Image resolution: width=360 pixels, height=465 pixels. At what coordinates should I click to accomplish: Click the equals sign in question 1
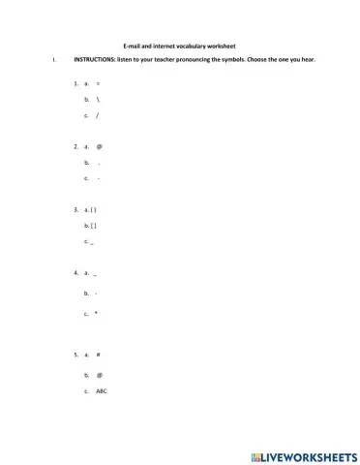click(x=98, y=84)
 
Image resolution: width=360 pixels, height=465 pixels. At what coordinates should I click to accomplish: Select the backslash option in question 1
click(x=99, y=100)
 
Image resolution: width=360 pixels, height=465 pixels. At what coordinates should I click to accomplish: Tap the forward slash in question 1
click(x=98, y=115)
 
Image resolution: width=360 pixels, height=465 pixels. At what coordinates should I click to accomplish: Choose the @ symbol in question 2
click(x=99, y=147)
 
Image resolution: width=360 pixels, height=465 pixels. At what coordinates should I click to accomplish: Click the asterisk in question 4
click(x=98, y=314)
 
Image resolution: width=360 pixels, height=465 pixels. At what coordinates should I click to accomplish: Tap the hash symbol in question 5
click(x=99, y=356)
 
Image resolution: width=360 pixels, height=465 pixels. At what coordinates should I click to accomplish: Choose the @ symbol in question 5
click(x=99, y=374)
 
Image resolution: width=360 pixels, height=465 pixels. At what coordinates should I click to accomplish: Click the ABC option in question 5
click(x=102, y=391)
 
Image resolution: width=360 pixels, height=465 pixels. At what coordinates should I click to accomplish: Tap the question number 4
click(x=75, y=273)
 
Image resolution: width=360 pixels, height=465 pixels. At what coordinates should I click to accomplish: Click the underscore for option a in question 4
click(x=98, y=275)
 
